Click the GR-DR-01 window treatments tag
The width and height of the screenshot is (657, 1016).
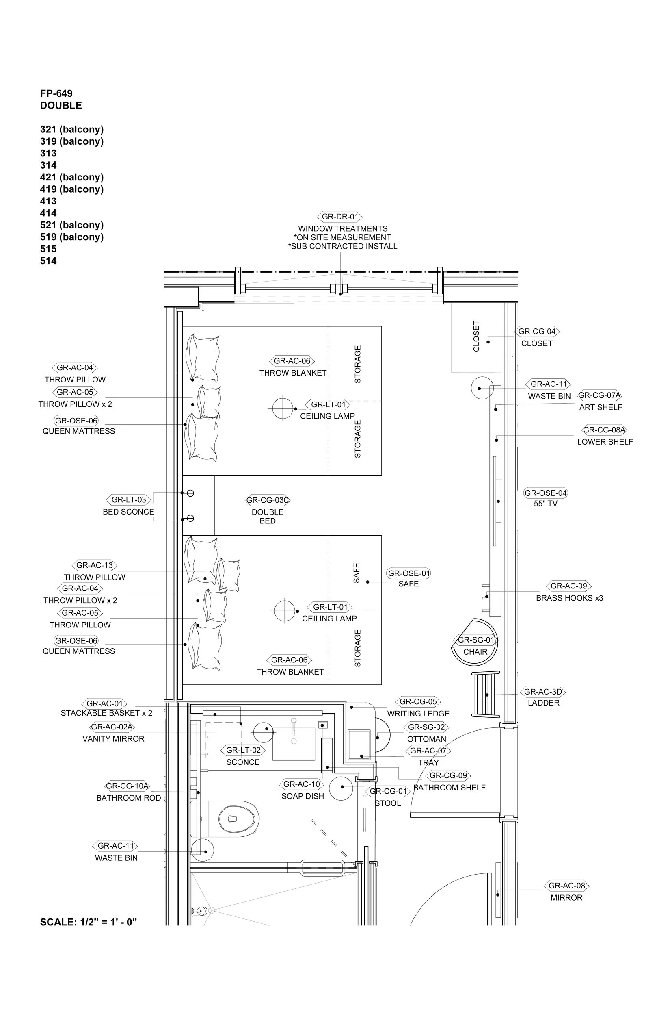[339, 217]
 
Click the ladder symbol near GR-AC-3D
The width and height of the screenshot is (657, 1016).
[486, 695]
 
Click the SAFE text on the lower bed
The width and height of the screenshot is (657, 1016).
[357, 573]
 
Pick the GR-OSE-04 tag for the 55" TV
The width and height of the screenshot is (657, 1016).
[546, 493]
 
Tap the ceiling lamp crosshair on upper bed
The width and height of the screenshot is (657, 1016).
[283, 408]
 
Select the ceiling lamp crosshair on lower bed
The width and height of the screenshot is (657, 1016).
[285, 611]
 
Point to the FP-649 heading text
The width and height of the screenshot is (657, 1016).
[56, 93]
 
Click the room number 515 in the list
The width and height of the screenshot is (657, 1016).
[48, 249]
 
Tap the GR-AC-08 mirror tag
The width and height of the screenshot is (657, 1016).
[566, 886]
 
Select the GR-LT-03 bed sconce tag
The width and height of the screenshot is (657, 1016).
[128, 499]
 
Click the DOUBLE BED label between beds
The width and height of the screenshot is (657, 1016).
[268, 516]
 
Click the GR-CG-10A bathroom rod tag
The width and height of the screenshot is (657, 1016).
[127, 786]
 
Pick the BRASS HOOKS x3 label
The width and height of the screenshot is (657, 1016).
[570, 598]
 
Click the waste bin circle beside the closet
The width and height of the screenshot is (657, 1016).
[482, 388]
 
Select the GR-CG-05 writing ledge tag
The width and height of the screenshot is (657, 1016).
[418, 701]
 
